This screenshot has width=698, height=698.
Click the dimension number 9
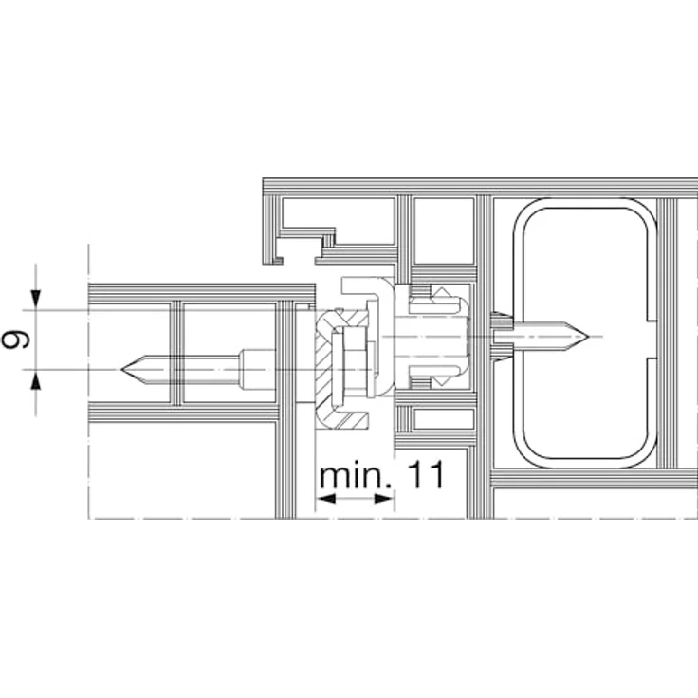[x=15, y=340]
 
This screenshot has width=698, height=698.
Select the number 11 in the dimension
[x=426, y=474]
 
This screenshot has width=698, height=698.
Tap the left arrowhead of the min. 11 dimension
[x=325, y=498]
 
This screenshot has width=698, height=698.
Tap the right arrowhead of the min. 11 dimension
[x=384, y=498]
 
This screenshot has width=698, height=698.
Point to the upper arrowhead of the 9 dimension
[x=36, y=299]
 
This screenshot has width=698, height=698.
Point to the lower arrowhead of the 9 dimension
[x=36, y=379]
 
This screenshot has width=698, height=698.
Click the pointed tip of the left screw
[x=121, y=370]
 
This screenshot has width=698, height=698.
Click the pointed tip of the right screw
[x=589, y=336]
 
